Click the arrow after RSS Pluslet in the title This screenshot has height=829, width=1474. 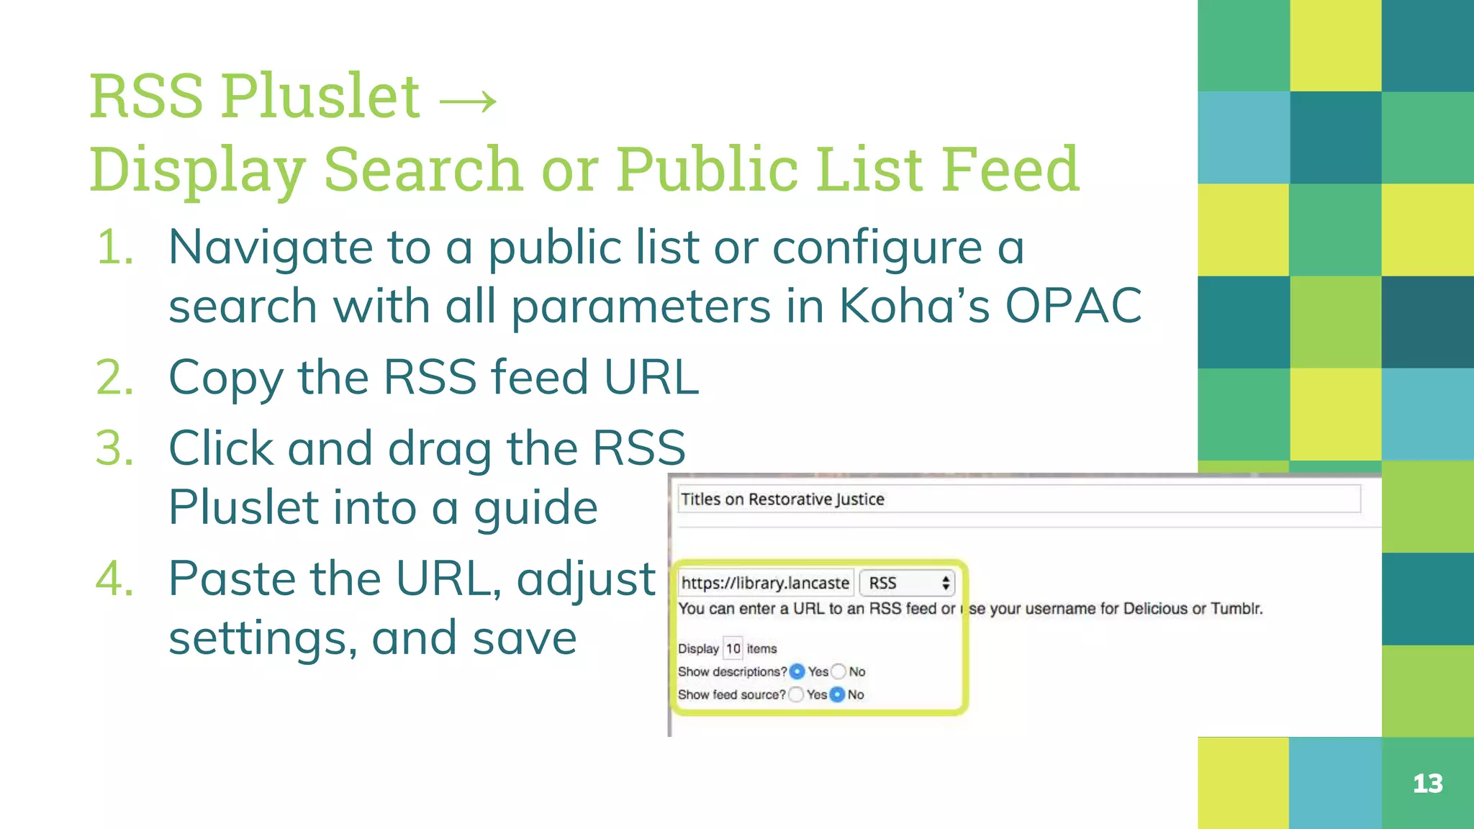pos(468,100)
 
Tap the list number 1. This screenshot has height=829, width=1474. pos(115,248)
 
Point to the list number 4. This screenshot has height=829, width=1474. pos(115,579)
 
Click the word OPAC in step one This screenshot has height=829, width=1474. pos(1072,306)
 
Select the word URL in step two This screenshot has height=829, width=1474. pos(651,377)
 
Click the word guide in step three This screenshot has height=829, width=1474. pos(535,508)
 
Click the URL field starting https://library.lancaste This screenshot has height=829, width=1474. pos(765,583)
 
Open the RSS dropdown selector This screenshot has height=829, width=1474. pos(908,583)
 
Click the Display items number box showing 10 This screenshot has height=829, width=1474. pos(733,648)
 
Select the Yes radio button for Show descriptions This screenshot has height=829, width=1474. pos(797,671)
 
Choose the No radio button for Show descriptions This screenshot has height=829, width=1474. pos(838,671)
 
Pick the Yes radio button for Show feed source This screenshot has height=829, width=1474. pos(796,694)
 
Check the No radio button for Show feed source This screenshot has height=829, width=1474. pos(837,694)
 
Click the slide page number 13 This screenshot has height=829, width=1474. pos(1427,784)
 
